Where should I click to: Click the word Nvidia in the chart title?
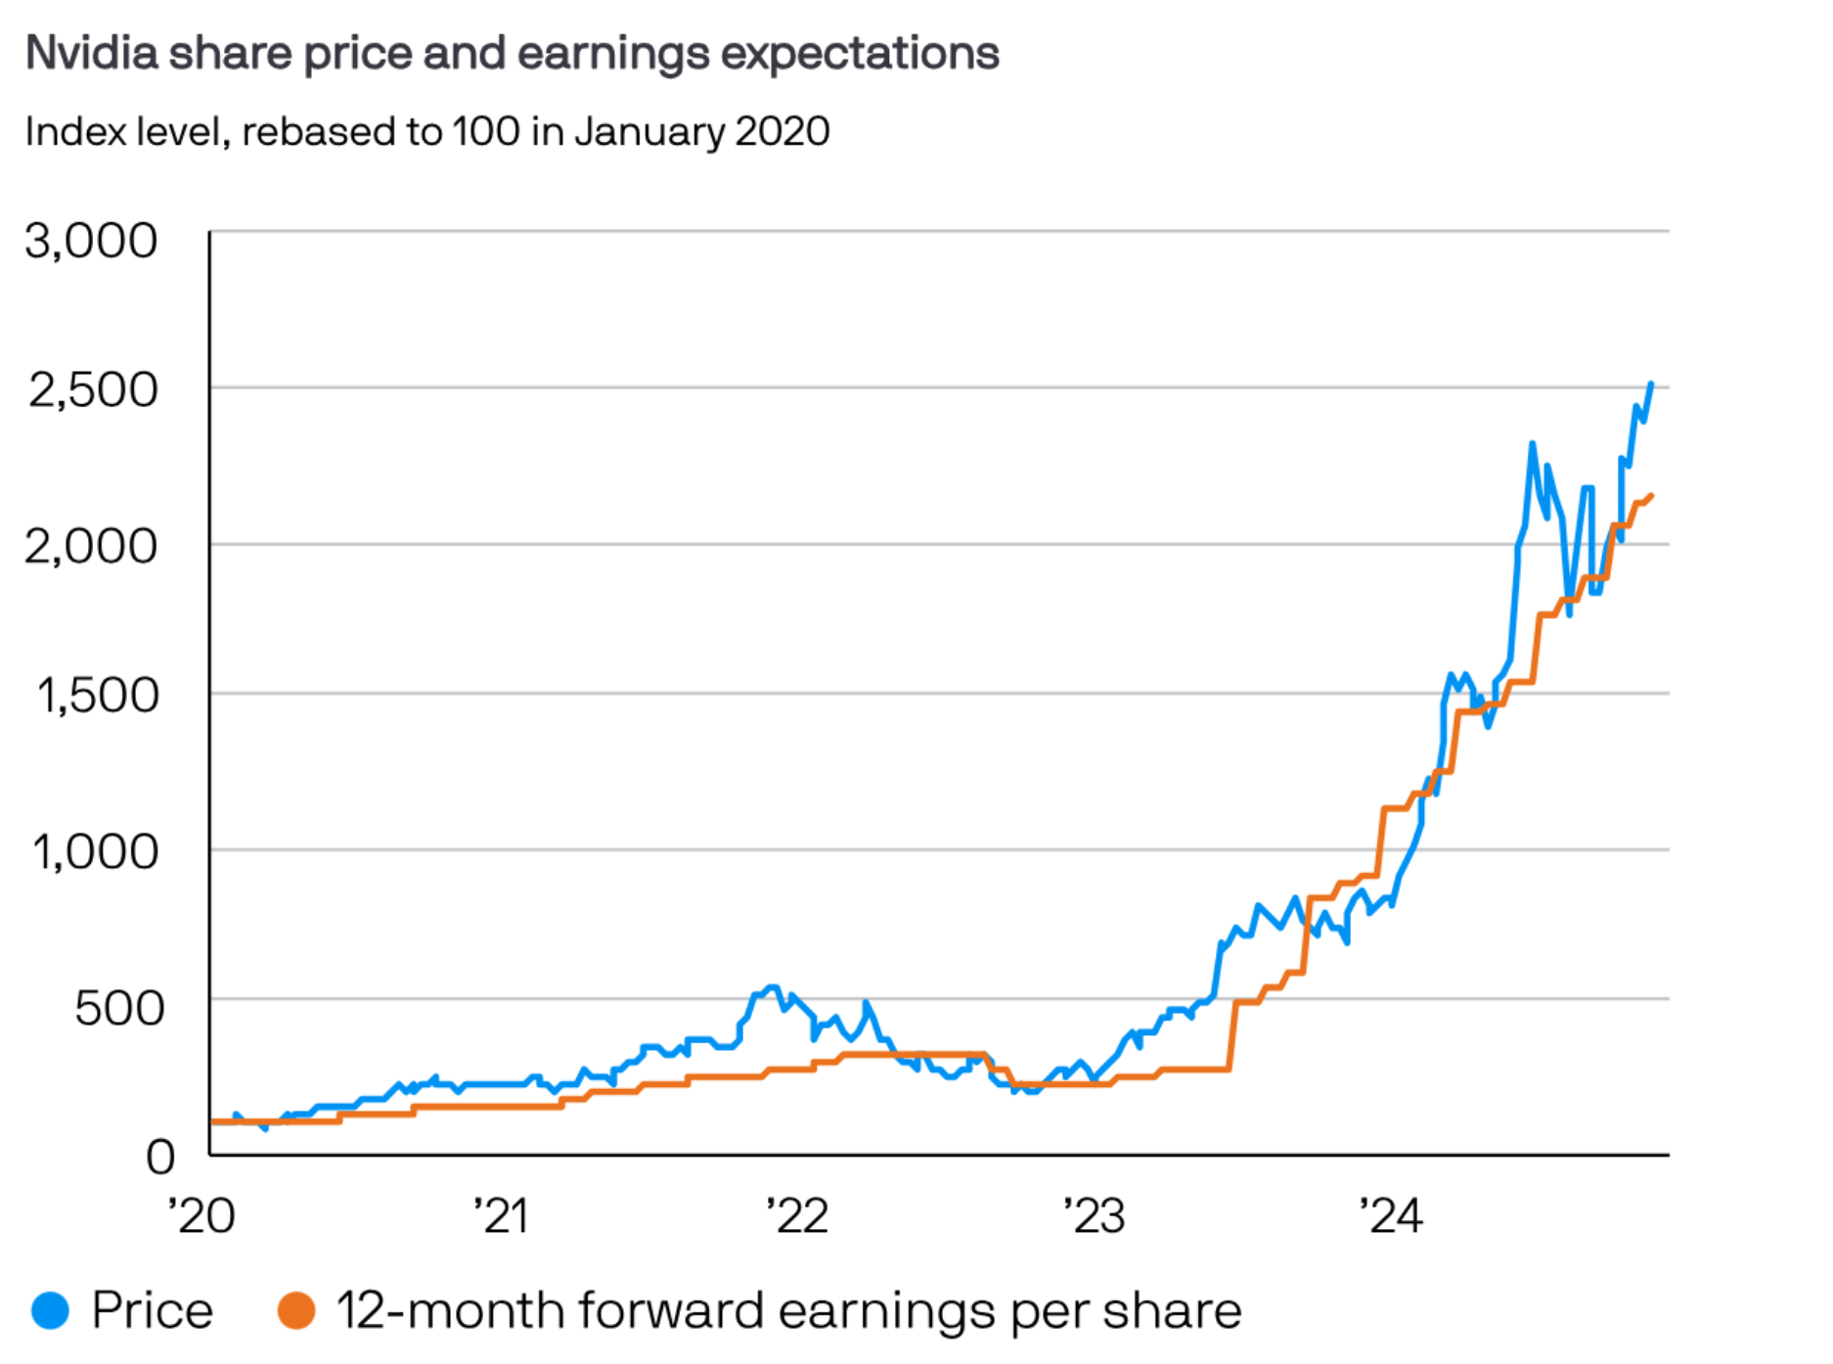(x=91, y=53)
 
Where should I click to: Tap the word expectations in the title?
(x=860, y=53)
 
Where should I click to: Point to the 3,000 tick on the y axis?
(x=91, y=241)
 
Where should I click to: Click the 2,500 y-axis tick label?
(x=93, y=389)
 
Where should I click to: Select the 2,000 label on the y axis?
(x=91, y=545)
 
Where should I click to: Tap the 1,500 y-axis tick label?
(x=97, y=695)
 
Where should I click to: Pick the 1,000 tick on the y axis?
(x=95, y=851)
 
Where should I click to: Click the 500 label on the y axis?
(x=119, y=1008)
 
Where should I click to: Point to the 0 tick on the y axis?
(x=160, y=1157)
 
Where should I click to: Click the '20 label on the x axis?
(x=201, y=1216)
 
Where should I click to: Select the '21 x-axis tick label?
(x=501, y=1216)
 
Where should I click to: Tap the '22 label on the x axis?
(x=797, y=1216)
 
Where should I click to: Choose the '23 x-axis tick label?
(x=1095, y=1216)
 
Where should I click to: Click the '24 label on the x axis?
(x=1391, y=1216)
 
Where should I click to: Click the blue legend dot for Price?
(x=51, y=1310)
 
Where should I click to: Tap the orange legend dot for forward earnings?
(x=296, y=1310)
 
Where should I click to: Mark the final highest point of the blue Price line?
(x=1651, y=384)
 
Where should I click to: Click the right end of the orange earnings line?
(x=1651, y=496)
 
